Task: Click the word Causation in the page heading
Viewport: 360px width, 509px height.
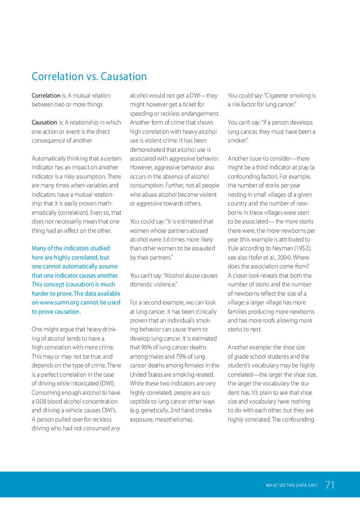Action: click(x=124, y=76)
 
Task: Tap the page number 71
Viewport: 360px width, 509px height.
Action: click(x=330, y=485)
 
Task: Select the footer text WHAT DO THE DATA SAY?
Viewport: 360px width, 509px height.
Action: click(x=292, y=485)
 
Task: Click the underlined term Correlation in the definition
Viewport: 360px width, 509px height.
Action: click(x=46, y=96)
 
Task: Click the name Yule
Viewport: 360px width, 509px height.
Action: click(x=234, y=248)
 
